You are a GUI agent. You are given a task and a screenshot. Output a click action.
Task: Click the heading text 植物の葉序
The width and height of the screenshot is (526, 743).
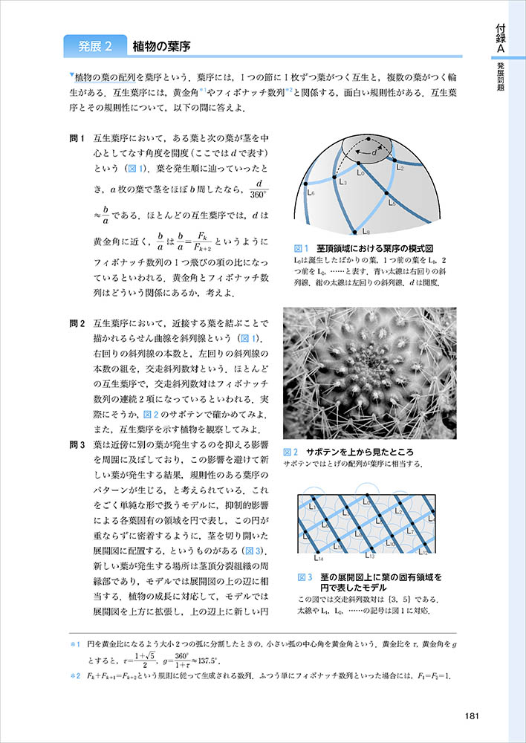[x=161, y=47]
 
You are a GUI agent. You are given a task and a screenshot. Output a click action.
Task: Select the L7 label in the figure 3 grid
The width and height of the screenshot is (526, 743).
[x=410, y=531]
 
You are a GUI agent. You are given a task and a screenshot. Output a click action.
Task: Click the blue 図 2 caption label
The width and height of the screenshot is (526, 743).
[x=291, y=452]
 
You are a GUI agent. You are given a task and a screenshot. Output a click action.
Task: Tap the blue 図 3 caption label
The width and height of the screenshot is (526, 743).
[x=304, y=577]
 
